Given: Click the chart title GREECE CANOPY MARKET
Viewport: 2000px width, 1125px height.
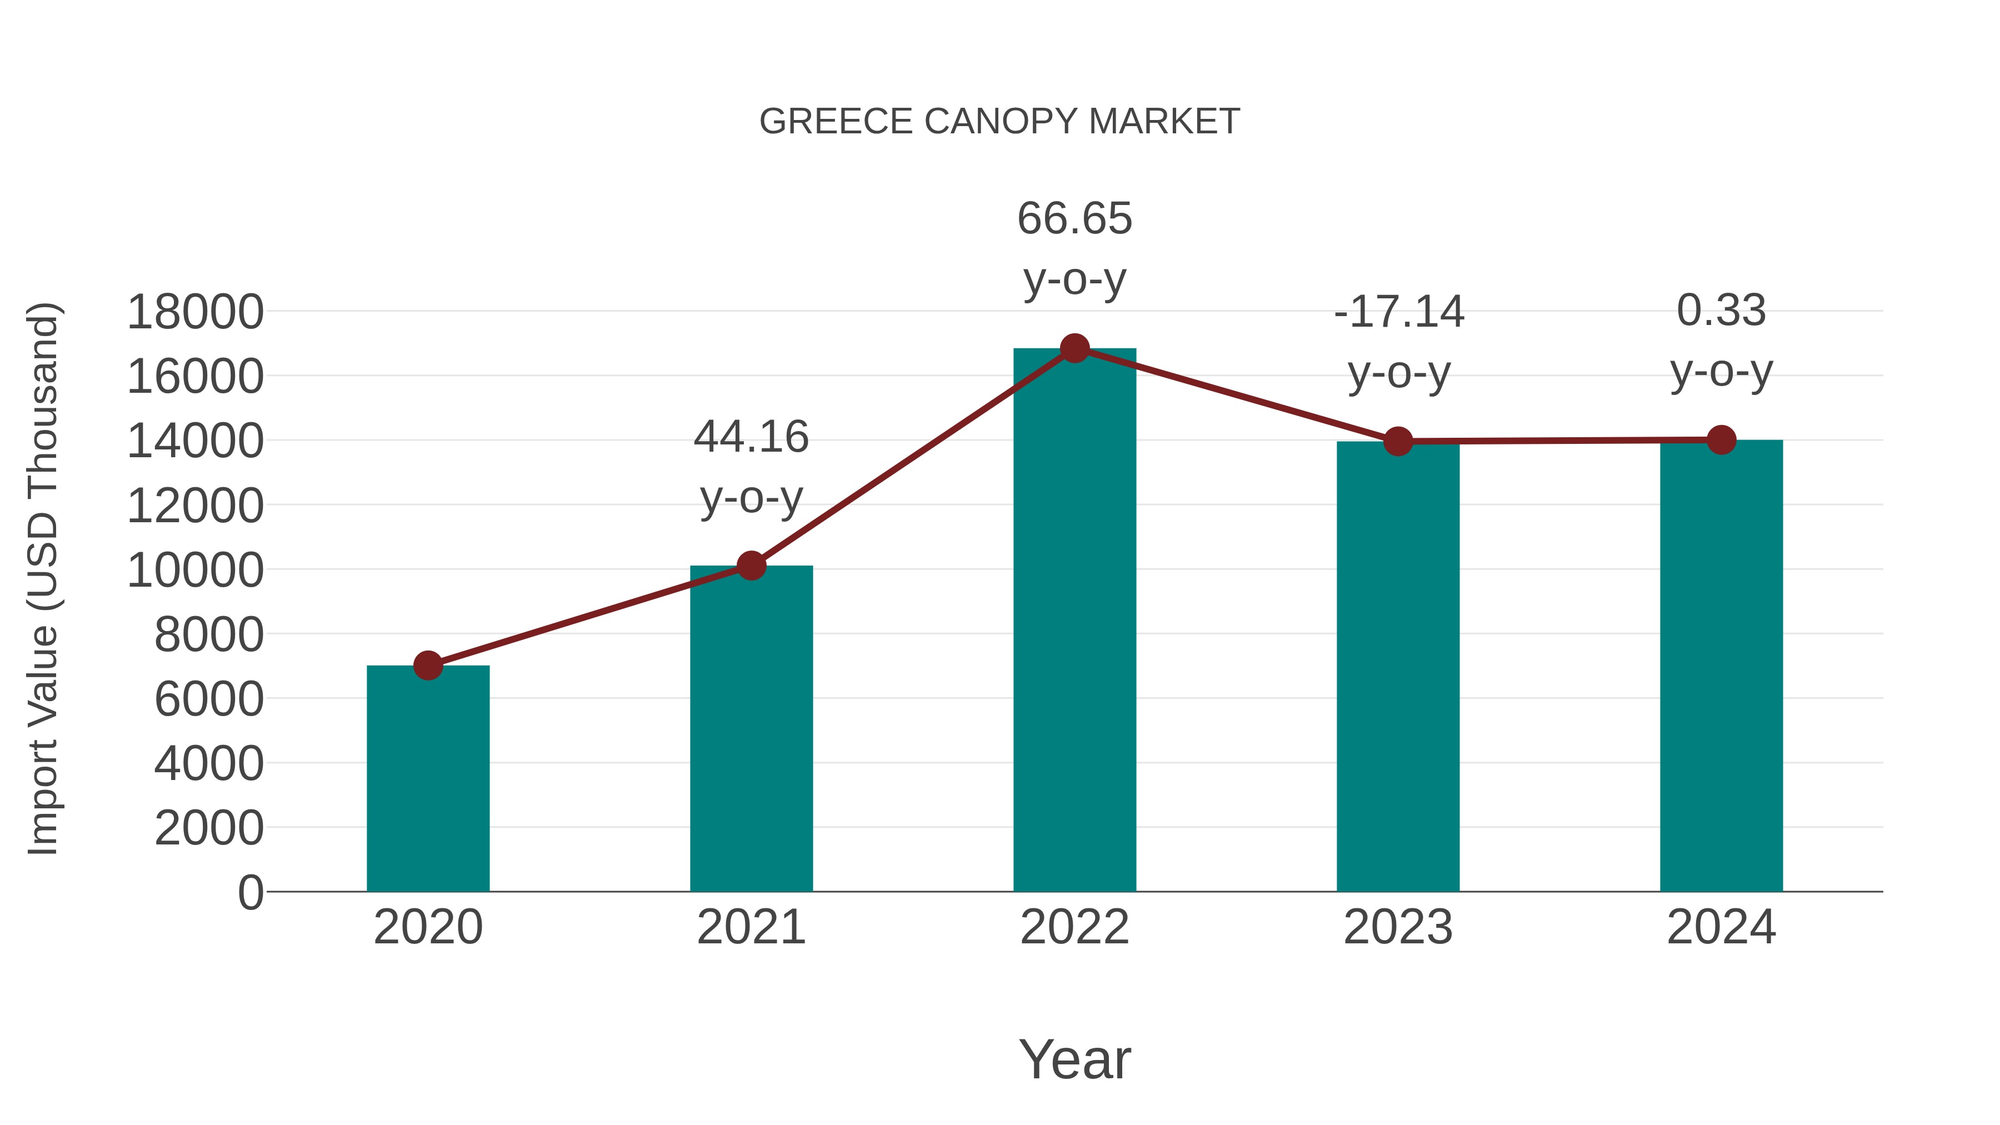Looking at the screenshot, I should [999, 122].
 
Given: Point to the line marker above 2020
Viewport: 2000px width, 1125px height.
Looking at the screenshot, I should [428, 666].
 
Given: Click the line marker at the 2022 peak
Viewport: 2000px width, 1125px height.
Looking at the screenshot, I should [1074, 348].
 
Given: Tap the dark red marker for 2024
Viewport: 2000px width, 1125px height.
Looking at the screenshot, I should [1721, 440].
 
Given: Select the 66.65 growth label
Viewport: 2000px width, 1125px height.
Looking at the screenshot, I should [1074, 219].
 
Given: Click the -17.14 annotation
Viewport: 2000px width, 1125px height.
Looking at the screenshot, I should [1398, 312].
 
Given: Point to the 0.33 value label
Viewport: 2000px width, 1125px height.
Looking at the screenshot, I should [1721, 311].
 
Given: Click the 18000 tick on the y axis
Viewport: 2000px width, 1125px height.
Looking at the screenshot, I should [195, 312].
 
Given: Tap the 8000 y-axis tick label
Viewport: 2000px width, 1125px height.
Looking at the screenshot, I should [209, 635].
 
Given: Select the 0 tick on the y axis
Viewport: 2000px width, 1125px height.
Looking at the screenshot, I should [250, 892].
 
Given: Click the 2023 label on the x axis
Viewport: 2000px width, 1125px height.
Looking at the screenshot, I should [1398, 927].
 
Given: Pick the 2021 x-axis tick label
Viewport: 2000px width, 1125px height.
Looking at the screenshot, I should [751, 927].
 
